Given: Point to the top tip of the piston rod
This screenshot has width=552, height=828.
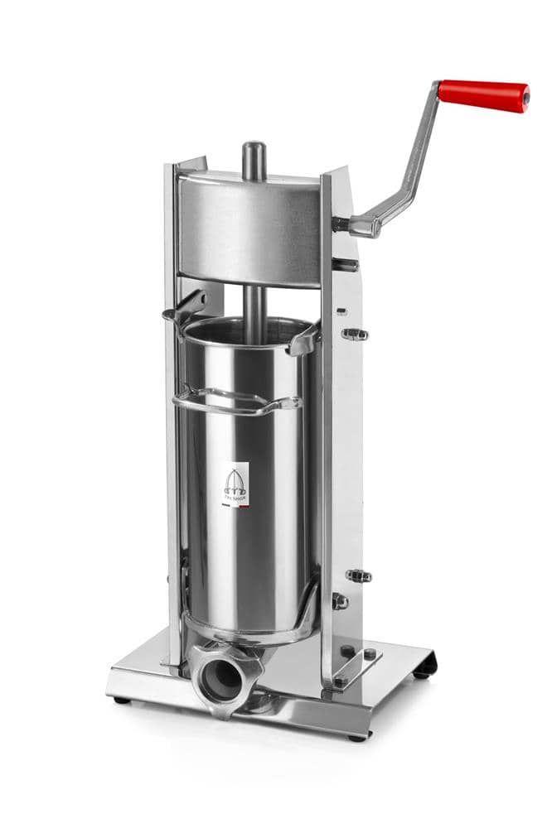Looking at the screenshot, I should pyautogui.click(x=254, y=149).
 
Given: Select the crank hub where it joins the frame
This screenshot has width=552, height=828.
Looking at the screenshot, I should pyautogui.click(x=342, y=223).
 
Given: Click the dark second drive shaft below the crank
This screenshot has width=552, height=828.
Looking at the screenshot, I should pyautogui.click(x=345, y=265).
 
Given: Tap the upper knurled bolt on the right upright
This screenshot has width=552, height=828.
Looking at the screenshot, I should pyautogui.click(x=355, y=335).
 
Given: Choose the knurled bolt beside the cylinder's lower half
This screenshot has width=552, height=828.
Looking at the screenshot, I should pyautogui.click(x=358, y=575).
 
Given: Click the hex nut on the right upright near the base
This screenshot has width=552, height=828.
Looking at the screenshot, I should pyautogui.click(x=339, y=602).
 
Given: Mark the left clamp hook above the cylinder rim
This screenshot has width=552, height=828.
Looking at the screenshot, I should pyautogui.click(x=184, y=306).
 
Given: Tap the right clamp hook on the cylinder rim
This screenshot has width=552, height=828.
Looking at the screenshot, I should pyautogui.click(x=303, y=339).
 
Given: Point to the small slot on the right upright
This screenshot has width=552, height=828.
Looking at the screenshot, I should pyautogui.click(x=341, y=312).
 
